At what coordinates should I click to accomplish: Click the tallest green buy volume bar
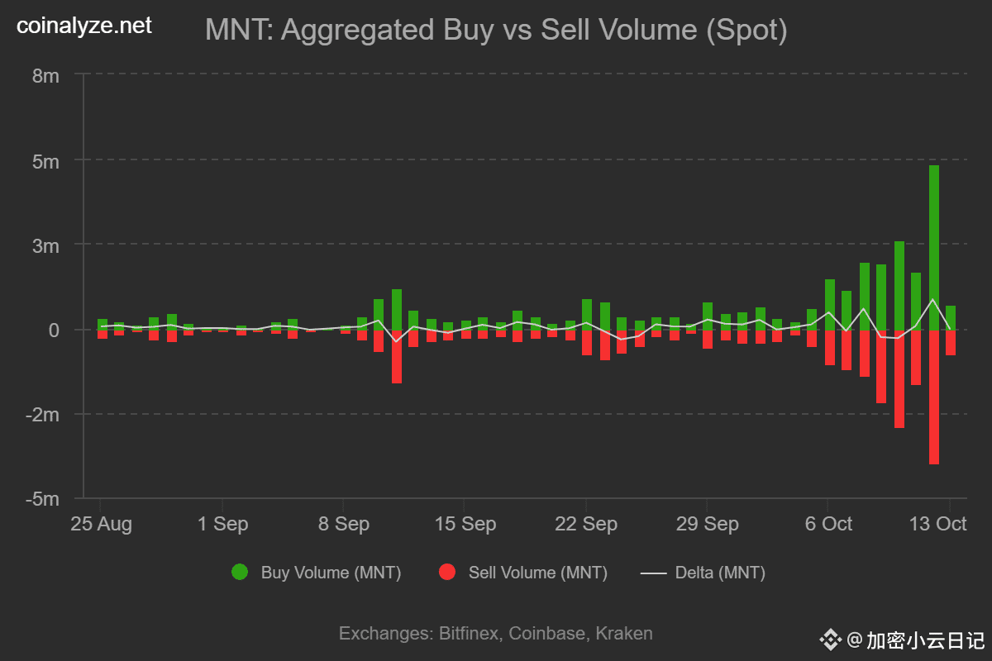pos(933,247)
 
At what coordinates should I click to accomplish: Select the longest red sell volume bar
pos(933,397)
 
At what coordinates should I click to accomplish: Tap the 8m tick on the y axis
pos(45,76)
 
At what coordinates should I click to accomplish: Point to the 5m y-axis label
pos(45,161)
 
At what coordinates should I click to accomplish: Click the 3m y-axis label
pos(45,245)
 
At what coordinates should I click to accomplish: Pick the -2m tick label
pos(43,415)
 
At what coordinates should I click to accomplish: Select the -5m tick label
pos(43,499)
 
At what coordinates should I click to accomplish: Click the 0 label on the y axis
pos(54,330)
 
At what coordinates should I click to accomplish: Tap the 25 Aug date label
pos(100,525)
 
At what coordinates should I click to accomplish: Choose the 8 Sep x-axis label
pos(343,525)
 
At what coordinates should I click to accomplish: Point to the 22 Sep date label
pos(585,525)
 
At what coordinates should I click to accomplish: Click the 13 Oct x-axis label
pos(938,525)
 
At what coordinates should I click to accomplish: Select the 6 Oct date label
pos(827,525)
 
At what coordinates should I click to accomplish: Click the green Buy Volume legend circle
pos(240,573)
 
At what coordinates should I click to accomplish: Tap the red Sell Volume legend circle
pos(447,573)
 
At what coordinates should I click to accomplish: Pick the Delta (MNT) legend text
pos(720,573)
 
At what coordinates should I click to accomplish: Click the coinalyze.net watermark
pos(84,26)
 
